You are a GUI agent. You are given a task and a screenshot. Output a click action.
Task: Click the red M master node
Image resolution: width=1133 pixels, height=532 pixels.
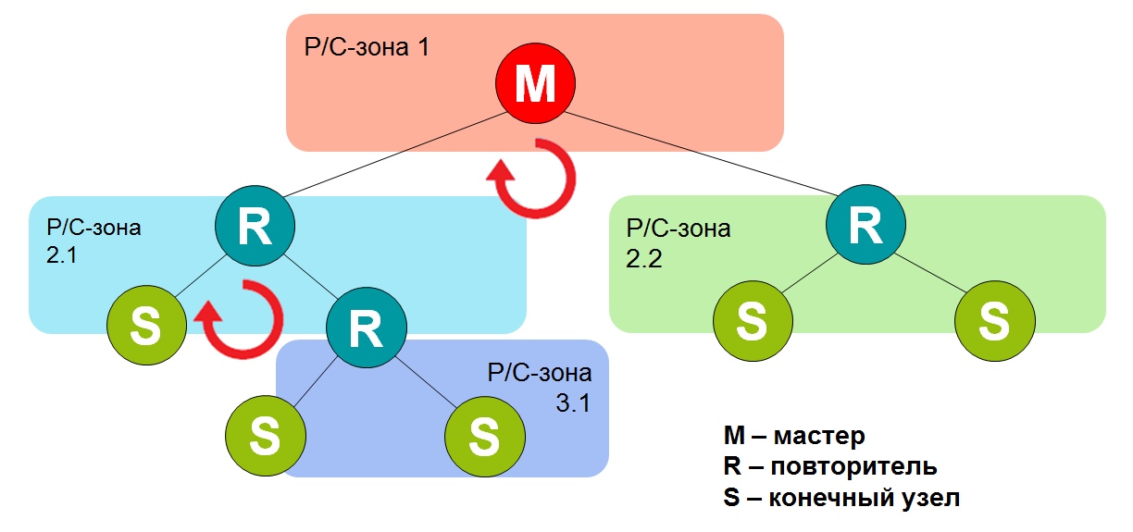pos(535,83)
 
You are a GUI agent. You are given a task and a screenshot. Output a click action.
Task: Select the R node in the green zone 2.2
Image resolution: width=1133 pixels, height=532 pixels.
pos(865,225)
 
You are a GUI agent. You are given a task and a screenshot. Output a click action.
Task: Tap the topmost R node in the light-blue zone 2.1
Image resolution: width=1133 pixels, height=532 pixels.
pos(255,226)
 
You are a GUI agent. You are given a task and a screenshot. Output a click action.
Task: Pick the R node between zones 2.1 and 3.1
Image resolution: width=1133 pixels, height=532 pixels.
pos(367,328)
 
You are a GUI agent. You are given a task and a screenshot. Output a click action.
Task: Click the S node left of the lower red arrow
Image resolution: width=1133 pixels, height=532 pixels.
pos(146,325)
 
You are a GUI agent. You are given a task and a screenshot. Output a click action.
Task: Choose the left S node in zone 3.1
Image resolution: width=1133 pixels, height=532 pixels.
pos(266,436)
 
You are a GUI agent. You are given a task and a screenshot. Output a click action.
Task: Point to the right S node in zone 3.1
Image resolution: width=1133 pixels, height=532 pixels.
pos(485,437)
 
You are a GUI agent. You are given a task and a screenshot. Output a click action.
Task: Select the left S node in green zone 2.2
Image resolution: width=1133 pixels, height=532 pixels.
pos(753,321)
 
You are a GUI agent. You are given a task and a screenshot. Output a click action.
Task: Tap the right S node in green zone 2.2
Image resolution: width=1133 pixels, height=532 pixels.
pos(995,321)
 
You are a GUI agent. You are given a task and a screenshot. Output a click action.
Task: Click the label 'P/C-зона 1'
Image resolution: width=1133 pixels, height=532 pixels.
pos(367,47)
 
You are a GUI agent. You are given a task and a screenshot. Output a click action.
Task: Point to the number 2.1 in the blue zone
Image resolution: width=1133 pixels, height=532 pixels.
pos(62,254)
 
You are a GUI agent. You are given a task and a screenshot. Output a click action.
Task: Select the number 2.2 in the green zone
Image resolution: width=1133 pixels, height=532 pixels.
pos(644,259)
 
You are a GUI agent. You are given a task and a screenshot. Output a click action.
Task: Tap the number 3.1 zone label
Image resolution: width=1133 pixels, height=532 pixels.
pos(573,403)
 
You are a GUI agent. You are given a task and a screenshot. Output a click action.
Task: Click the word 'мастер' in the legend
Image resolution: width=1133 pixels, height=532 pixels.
pos(819,436)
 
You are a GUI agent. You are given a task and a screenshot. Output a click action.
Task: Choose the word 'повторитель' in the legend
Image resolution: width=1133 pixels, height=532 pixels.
pos(853,466)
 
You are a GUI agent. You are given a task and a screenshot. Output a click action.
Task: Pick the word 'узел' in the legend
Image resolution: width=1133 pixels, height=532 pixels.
pos(930,498)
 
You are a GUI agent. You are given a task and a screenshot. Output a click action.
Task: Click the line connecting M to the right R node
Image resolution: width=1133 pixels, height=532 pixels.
pos(701,155)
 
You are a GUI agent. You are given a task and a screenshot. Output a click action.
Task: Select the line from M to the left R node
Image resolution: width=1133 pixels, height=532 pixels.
pos(395,155)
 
